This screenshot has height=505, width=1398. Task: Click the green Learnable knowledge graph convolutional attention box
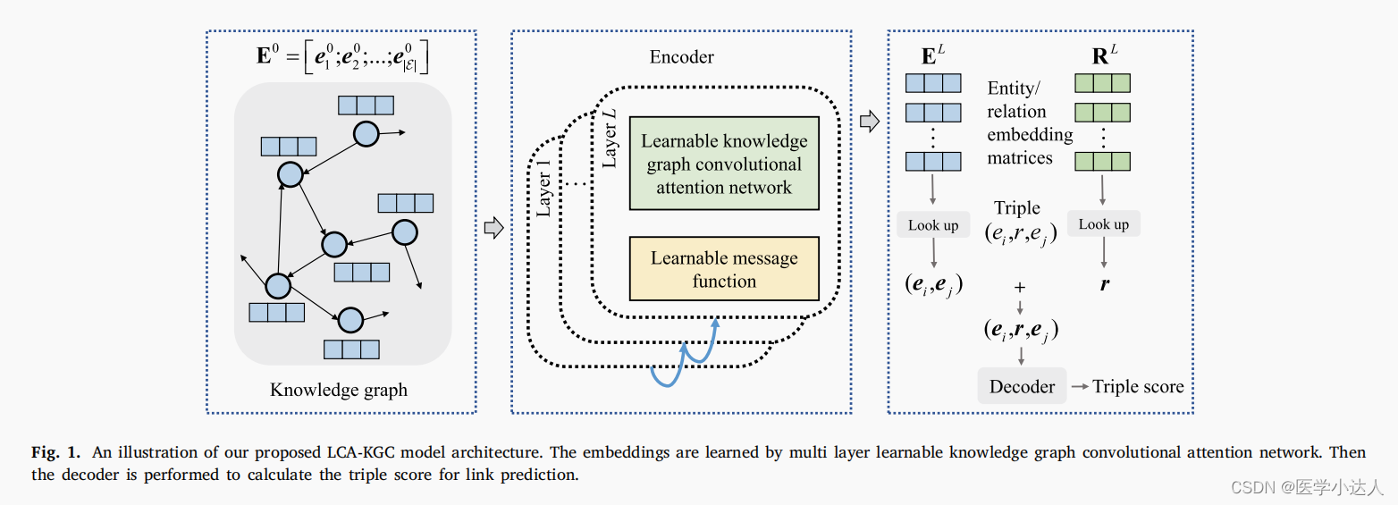click(724, 164)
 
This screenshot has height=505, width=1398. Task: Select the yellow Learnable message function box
click(724, 269)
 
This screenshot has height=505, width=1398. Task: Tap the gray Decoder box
click(1022, 386)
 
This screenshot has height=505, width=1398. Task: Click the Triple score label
click(1138, 386)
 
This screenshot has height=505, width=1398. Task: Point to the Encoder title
click(681, 56)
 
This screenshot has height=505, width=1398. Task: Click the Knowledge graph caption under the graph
click(339, 390)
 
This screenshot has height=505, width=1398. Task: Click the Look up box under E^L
click(933, 225)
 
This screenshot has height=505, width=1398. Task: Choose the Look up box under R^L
click(1103, 224)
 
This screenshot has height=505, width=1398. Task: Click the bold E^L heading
click(931, 55)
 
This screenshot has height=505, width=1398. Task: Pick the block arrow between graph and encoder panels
click(493, 228)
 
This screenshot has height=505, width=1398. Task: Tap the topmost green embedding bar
click(1102, 83)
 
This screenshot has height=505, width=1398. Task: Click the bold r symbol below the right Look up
click(1105, 285)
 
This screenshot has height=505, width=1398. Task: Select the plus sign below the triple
click(1019, 288)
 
